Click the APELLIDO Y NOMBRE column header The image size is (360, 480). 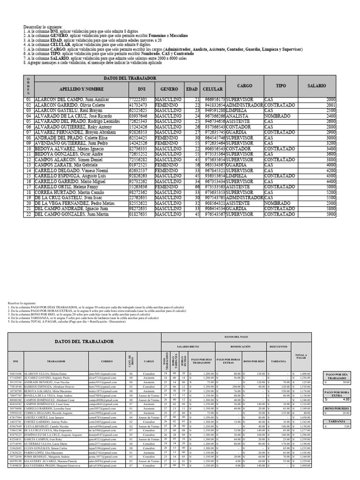pos(75,89)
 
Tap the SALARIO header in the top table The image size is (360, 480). pos(317,86)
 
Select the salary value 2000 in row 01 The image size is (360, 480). pos(331,100)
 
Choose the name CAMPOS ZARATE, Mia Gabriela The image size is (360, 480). pos(60,165)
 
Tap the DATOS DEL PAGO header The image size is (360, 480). pos(236,337)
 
